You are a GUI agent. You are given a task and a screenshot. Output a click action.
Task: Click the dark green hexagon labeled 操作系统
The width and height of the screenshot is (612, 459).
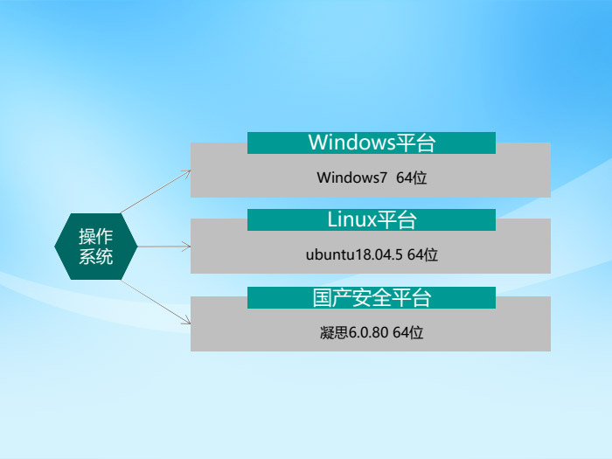tap(96, 247)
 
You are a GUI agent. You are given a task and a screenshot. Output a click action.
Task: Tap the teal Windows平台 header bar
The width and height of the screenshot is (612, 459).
tap(371, 143)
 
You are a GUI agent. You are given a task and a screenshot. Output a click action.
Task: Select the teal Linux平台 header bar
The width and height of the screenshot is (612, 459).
tap(371, 219)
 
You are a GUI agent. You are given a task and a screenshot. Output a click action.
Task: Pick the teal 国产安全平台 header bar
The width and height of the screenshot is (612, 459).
tap(371, 297)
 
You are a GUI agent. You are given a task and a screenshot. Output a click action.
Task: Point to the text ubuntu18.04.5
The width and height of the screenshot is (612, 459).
tap(354, 254)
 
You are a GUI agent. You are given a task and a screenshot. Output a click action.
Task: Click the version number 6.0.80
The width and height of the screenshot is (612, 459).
tap(368, 332)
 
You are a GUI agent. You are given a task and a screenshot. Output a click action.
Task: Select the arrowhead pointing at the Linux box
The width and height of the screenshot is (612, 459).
tap(187, 247)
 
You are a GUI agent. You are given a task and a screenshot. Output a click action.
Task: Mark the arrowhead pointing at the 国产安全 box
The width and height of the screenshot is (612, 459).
tap(186, 322)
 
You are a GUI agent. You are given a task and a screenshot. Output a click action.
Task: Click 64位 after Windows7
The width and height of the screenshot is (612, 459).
tap(411, 177)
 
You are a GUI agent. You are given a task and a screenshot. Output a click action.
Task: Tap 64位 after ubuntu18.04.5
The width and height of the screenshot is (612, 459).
tap(422, 254)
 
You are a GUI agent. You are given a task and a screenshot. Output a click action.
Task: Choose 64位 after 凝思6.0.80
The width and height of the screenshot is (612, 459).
tap(407, 332)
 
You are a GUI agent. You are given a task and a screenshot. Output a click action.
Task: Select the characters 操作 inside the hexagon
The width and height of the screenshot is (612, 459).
tap(96, 236)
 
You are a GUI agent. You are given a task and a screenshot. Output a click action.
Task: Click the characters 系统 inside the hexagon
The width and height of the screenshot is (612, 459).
tap(96, 257)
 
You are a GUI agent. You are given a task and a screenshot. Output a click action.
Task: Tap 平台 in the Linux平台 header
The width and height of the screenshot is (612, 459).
tap(396, 219)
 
